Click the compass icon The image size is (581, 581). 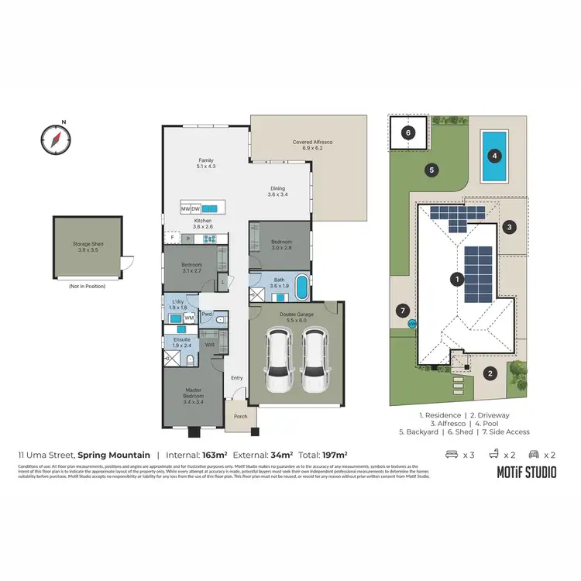(55, 139)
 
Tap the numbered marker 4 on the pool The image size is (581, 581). (493, 155)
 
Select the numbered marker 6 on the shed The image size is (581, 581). (407, 132)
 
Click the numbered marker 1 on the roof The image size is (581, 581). (458, 278)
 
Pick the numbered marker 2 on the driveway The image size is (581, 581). (490, 373)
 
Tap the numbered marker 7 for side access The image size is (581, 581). (401, 311)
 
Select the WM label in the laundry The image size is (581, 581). (188, 318)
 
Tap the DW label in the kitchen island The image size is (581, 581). (196, 209)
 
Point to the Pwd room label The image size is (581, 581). (207, 314)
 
